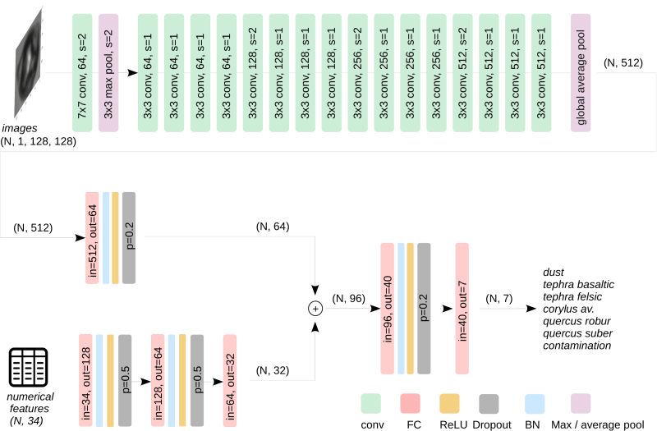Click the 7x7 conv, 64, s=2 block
point(82,71)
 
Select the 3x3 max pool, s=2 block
point(108,71)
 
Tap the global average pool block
point(581,71)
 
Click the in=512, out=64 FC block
point(92,238)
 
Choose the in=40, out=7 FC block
point(460,308)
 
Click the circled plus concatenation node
point(315,308)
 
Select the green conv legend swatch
point(372,403)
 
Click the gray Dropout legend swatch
point(489,403)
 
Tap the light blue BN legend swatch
point(534,403)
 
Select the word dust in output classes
point(554,272)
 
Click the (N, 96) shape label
point(347,299)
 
